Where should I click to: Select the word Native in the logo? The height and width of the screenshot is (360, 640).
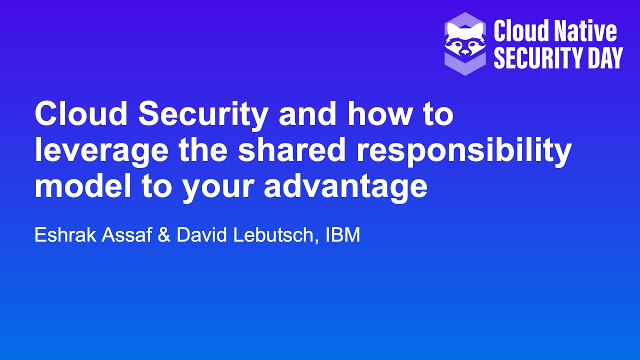pos(587,31)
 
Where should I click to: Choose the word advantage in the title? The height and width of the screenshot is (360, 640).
pos(345,188)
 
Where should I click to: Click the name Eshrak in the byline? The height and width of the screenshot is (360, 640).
pos(65,235)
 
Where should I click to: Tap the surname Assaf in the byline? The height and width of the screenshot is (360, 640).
pos(126,235)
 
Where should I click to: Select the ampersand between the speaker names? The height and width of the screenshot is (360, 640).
pos(164,235)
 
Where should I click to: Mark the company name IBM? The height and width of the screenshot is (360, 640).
pos(342,235)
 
